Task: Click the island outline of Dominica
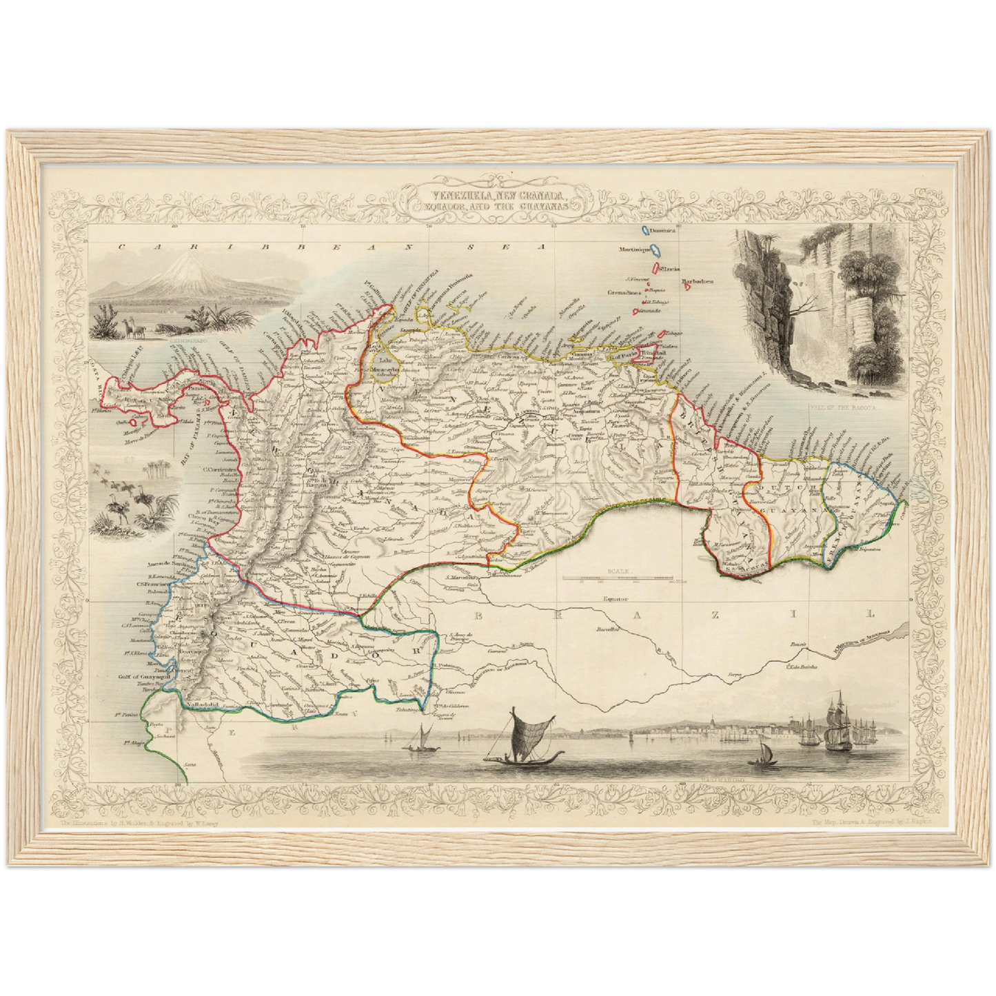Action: click(645, 232)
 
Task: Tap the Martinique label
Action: click(635, 250)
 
